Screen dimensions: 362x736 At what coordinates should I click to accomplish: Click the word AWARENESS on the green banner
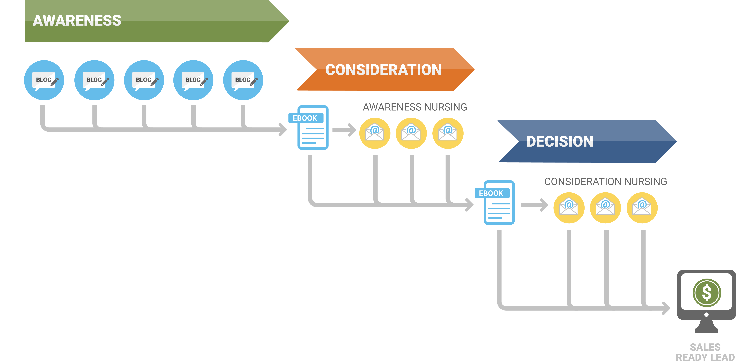pos(77,21)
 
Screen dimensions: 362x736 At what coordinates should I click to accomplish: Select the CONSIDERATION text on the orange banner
pos(383,70)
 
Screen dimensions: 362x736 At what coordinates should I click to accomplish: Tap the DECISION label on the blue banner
pos(560,141)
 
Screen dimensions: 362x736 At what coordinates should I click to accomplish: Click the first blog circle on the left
pos(44,80)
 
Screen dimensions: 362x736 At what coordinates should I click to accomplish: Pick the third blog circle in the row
pos(144,80)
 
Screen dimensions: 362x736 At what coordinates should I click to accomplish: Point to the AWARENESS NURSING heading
pos(415,107)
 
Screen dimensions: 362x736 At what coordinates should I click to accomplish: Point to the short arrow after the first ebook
pos(344,130)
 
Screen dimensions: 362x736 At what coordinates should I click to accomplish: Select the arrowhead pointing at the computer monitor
pos(666,308)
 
